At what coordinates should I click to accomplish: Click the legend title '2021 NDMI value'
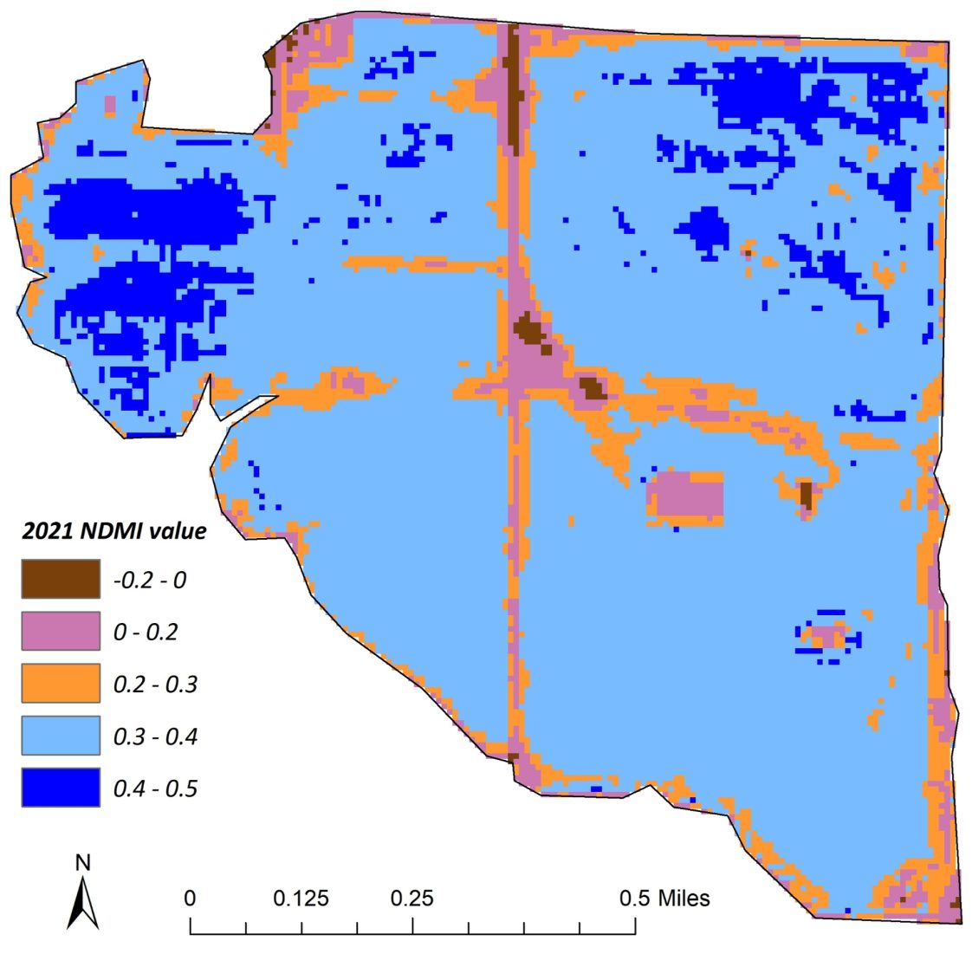113,530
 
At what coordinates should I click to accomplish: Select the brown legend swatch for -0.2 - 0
61,579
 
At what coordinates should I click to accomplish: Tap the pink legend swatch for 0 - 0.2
61,631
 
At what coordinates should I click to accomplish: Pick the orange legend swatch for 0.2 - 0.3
61,684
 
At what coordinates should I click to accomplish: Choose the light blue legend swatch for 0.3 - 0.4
61,736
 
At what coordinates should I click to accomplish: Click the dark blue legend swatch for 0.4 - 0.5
61,788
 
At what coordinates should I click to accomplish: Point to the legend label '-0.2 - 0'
149,580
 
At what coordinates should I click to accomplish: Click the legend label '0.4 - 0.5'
155,789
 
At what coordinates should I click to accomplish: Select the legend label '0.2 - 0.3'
155,685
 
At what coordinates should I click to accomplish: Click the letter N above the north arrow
83,863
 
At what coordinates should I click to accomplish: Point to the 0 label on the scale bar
191,898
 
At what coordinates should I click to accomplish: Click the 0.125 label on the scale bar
301,898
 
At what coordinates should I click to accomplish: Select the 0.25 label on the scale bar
411,898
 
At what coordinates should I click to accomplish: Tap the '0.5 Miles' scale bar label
664,898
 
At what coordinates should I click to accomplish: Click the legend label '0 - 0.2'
146,632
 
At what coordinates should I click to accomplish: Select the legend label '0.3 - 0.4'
155,737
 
